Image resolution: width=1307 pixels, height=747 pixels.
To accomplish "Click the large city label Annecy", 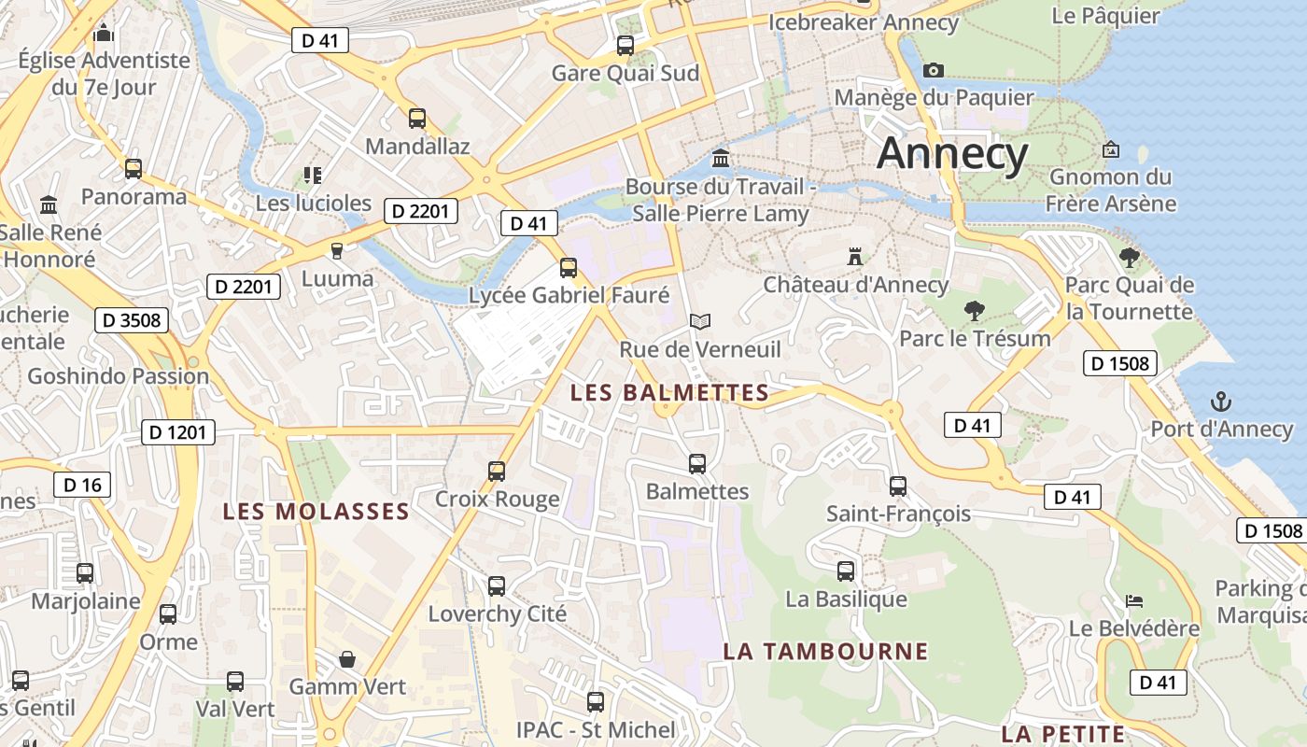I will tap(952, 153).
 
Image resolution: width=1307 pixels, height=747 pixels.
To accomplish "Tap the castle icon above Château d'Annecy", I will tap(854, 256).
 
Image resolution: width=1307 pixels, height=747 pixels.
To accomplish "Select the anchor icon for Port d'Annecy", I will tap(1221, 402).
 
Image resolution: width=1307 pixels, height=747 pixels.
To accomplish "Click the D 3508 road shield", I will tap(132, 320).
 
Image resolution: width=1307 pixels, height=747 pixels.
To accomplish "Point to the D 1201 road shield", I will tap(178, 432).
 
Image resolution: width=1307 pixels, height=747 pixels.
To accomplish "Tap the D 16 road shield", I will tap(82, 485).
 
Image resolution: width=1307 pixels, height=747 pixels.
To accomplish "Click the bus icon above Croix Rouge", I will tap(497, 471).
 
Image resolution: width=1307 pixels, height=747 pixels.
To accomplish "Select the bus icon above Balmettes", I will tap(696, 463).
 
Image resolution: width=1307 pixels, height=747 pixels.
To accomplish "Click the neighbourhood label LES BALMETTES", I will tap(669, 393).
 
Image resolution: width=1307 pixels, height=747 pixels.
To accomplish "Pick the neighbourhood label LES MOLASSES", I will tap(316, 512).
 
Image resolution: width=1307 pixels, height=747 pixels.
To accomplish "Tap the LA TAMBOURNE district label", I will tap(826, 651).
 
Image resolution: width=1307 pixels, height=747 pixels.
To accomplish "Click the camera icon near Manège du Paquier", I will tap(933, 70).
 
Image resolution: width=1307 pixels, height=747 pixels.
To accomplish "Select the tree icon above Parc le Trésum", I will tap(974, 310).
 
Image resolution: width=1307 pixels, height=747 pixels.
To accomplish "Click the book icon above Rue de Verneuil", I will tap(700, 321).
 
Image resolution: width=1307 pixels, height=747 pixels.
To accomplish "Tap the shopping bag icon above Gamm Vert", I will tap(347, 659).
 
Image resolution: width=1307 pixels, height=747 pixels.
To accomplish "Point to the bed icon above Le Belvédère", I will tap(1133, 600).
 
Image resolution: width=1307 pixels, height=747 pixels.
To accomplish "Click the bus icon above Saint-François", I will tap(897, 486).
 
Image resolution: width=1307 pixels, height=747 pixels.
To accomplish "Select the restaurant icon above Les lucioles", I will tap(313, 175).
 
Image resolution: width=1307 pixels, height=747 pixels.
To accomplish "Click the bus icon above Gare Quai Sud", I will tap(625, 45).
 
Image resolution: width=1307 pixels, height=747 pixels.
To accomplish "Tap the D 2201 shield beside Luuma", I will tap(243, 287).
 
